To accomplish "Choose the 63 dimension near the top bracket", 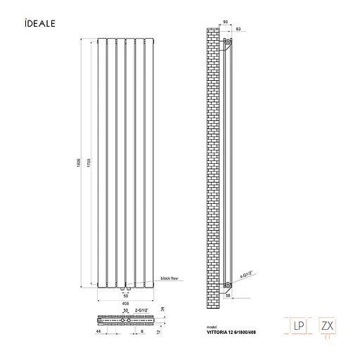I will (x=240, y=28).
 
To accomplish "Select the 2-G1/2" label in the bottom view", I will (x=141, y=310).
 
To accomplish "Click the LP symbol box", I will (x=298, y=326).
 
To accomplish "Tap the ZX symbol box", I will (x=327, y=326).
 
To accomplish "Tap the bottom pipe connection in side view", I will (x=226, y=285).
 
